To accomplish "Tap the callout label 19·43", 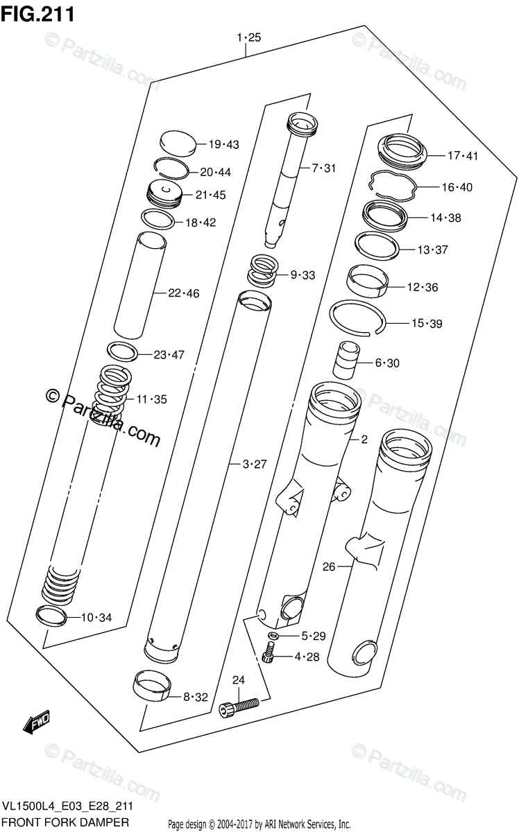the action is (224, 144).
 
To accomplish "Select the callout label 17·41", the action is (463, 155).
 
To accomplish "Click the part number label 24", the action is (238, 680).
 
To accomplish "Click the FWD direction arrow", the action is (36, 722).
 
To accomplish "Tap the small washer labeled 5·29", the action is (273, 635).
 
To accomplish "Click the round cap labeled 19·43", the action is (178, 144).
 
